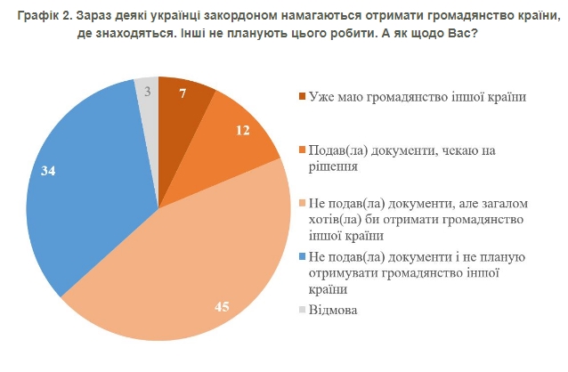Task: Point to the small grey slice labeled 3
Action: click(147, 93)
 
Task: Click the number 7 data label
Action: click(183, 93)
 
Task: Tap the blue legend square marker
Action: click(301, 258)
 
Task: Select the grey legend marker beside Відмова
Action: click(301, 310)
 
